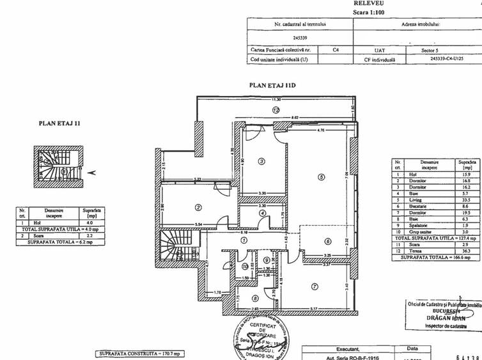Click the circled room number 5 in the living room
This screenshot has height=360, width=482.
click(322, 177)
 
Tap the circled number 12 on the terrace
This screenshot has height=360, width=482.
click(276, 109)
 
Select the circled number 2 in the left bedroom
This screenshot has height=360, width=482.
click(199, 207)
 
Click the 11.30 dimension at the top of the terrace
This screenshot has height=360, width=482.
click(276, 100)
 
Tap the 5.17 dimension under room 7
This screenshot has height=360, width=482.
click(314, 310)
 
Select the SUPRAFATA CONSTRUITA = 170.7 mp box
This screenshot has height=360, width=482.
click(141, 353)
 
